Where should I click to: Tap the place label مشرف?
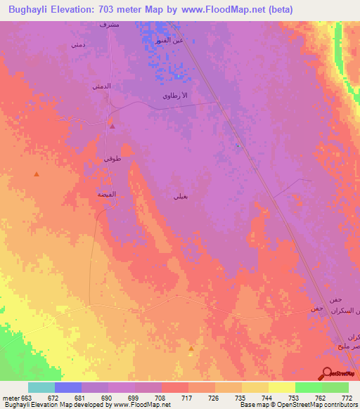tap(109, 25)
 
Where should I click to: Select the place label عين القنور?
tap(169, 40)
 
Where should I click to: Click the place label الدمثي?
tap(101, 86)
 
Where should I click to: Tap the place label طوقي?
tap(112, 160)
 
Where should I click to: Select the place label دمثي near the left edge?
tap(78, 44)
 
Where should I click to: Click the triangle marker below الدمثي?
tap(112, 127)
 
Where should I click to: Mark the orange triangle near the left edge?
tap(37, 174)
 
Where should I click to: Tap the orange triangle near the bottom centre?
tap(191, 348)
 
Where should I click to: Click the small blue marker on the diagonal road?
tap(238, 146)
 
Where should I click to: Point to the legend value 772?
tap(345, 398)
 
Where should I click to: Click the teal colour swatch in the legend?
tap(41, 387)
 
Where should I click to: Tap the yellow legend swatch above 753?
tap(282, 387)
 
